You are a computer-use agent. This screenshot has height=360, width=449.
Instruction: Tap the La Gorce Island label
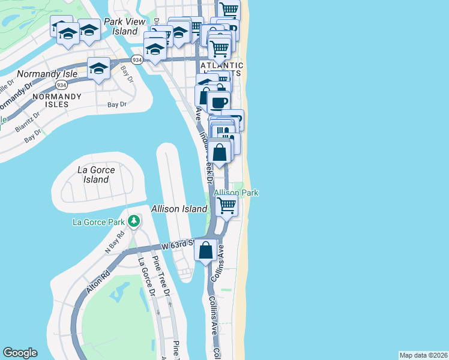[97, 175]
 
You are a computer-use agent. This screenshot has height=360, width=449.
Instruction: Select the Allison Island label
[179, 209]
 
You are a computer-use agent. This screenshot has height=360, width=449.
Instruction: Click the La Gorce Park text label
[98, 222]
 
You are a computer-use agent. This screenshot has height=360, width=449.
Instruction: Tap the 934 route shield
[137, 59]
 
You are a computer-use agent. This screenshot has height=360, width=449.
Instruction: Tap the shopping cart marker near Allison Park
[226, 205]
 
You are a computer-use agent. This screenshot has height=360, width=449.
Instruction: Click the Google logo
[20, 353]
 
